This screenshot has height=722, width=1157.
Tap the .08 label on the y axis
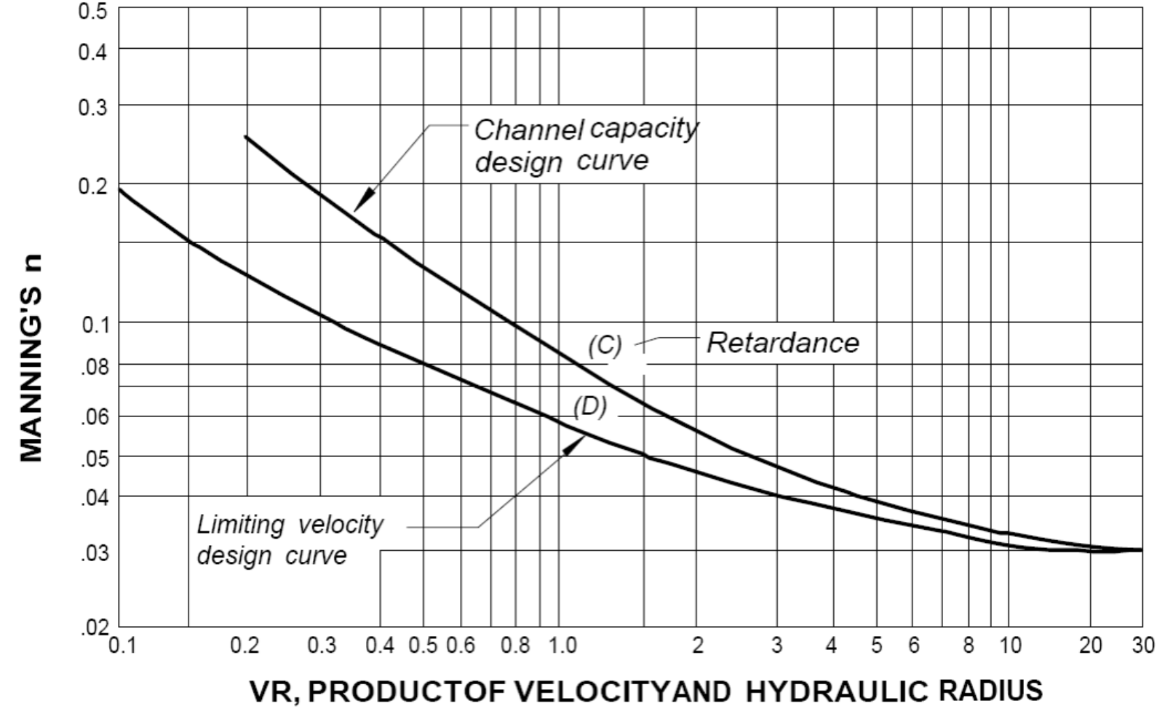[x=94, y=366]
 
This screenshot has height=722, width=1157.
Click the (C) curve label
[x=605, y=345]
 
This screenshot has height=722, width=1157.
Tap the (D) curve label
[x=589, y=406]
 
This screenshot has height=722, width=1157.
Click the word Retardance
[x=783, y=342]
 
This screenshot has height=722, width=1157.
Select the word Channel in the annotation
[x=528, y=130]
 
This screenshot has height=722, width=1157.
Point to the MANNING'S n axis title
[x=31, y=358]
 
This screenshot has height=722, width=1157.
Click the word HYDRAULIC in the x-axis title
[x=836, y=691]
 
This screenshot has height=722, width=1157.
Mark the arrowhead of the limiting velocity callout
[x=574, y=443]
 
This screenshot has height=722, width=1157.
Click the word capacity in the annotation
[x=643, y=129]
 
